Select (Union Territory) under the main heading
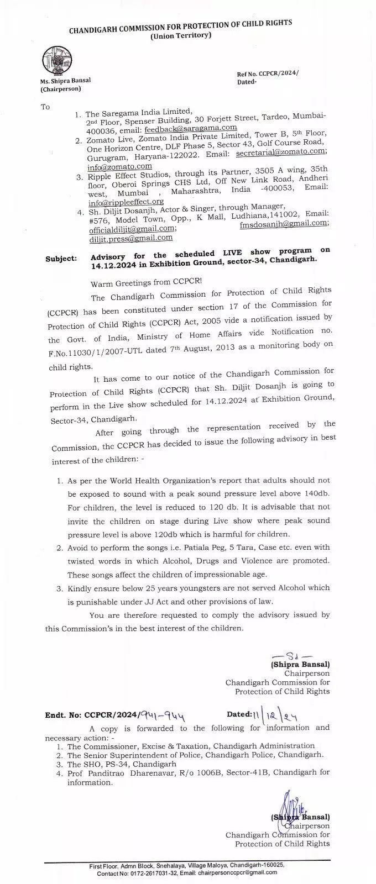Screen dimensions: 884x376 point(180,36)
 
